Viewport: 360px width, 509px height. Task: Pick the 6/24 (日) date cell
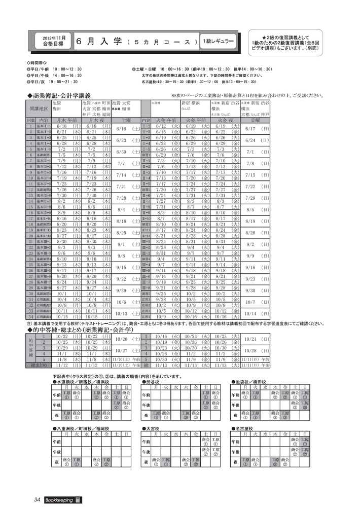click(x=257, y=140)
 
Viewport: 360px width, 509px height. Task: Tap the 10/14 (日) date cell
click(x=257, y=313)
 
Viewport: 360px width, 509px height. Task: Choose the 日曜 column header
click(x=256, y=121)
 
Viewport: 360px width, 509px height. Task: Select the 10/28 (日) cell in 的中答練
click(x=257, y=351)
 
